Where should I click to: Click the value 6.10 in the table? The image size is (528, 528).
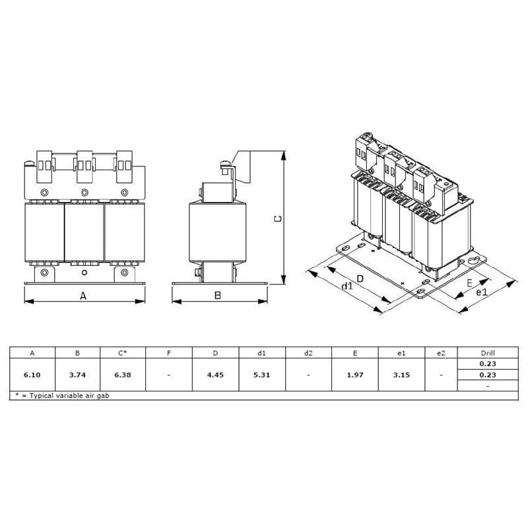32,375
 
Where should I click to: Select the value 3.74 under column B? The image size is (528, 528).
77,375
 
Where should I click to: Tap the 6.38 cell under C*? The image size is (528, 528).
123,375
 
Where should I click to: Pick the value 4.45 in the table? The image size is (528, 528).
215,375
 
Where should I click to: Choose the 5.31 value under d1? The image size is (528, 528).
261,375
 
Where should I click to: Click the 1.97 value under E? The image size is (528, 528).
355,375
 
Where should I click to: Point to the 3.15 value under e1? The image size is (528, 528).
401,375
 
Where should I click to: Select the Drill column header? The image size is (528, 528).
488,353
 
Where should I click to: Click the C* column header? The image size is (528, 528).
123,353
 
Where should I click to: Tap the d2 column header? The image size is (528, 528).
308,353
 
